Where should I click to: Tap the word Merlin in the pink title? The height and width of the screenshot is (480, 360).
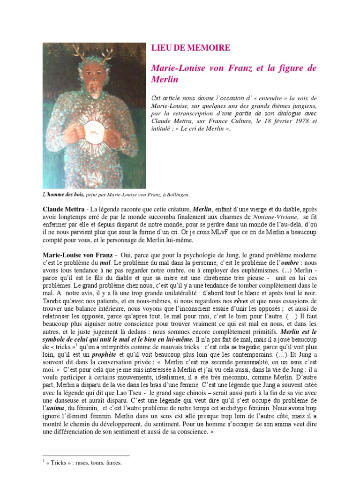click(x=165, y=79)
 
